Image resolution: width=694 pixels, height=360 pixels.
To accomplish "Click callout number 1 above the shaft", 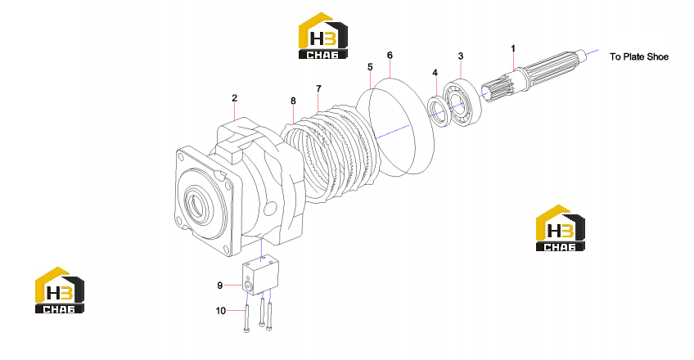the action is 513,48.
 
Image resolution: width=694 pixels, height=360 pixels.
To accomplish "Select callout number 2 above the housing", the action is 234,97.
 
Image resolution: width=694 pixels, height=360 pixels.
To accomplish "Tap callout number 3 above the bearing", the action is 460,56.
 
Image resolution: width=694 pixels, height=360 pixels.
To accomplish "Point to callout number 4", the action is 435,73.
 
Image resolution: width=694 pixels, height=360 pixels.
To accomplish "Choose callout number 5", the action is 370,67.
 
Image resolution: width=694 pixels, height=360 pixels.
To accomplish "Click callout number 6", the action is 390,56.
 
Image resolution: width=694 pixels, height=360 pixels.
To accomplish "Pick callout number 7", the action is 318,89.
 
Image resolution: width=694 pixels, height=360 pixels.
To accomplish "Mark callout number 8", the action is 293,101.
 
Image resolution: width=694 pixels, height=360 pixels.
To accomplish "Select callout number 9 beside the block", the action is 220,286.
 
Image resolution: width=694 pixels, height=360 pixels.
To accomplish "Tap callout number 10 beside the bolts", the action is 221,311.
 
